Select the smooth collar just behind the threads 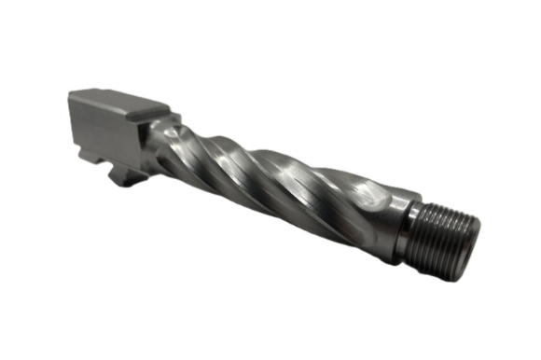(x=404, y=224)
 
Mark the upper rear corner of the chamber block (x=71, y=92)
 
